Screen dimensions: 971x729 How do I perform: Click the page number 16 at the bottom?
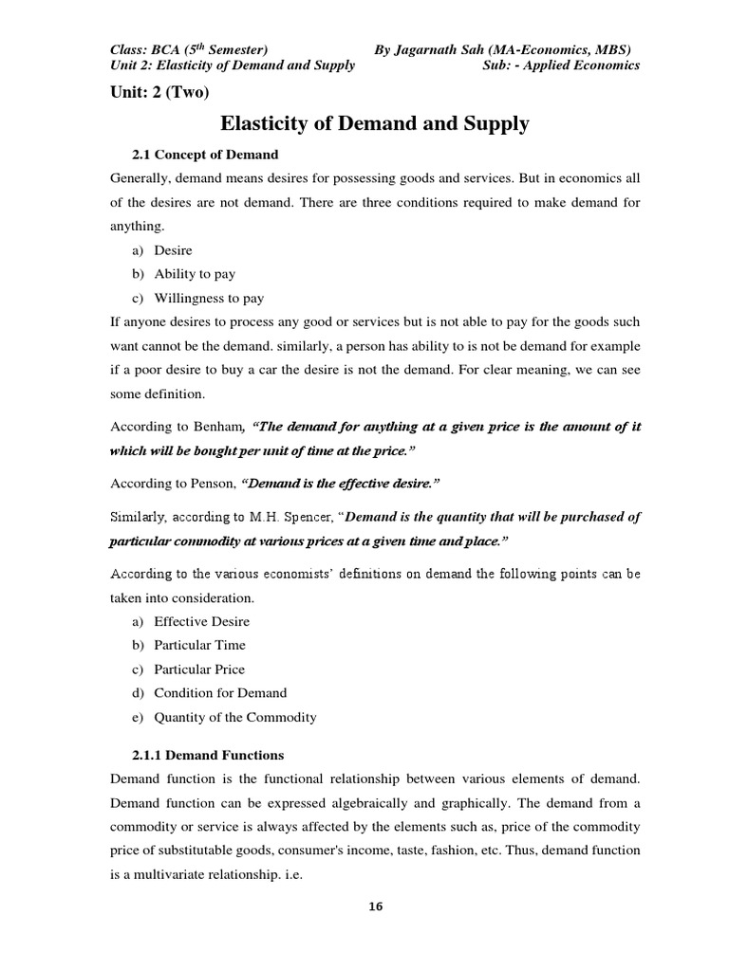click(376, 907)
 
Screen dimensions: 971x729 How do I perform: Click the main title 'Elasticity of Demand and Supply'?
click(375, 123)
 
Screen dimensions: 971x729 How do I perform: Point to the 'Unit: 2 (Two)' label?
click(159, 92)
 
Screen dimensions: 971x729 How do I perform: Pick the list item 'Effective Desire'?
click(201, 621)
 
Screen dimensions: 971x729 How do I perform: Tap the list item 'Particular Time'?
click(199, 645)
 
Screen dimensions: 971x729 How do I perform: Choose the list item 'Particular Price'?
click(199, 669)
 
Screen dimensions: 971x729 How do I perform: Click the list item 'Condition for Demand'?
click(220, 692)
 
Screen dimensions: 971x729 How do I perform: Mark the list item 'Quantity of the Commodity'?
click(235, 717)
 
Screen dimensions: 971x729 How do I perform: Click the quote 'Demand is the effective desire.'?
click(342, 484)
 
